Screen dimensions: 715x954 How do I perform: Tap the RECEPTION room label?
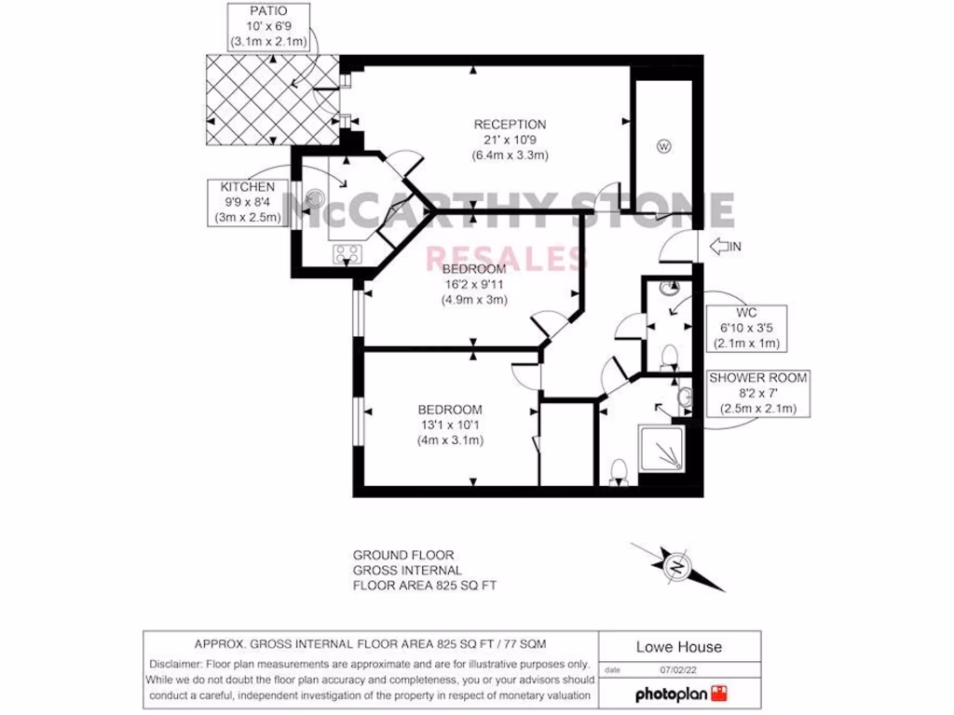[x=510, y=140]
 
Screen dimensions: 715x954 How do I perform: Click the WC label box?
[x=746, y=328]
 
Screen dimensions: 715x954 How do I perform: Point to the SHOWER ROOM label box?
[x=757, y=394]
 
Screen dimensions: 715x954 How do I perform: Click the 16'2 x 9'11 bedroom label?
[x=473, y=285]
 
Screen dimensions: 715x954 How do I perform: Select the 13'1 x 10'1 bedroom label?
[x=450, y=425]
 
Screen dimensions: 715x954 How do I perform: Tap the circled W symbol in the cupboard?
[x=663, y=146]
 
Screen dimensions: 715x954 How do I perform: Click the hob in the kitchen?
[x=348, y=251]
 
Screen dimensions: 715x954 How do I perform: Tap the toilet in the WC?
[x=668, y=357]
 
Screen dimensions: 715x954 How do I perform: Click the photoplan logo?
[x=679, y=694]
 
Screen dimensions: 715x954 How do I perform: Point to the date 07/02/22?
[x=679, y=669]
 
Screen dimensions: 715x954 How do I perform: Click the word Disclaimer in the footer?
[x=178, y=664]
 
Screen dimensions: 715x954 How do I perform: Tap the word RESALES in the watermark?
[x=503, y=257]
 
